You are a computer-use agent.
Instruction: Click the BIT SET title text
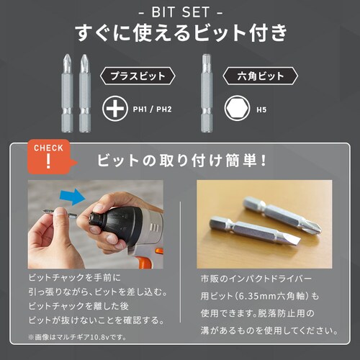pyautogui.click(x=181, y=12)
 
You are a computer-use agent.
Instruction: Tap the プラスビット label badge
pyautogui.click(x=138, y=76)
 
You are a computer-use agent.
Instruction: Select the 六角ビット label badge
pyautogui.click(x=261, y=76)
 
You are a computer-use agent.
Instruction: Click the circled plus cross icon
pyautogui.click(x=115, y=109)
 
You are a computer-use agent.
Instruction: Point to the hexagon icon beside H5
pyautogui.click(x=237, y=109)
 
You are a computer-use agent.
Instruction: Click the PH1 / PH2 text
pyautogui.click(x=152, y=109)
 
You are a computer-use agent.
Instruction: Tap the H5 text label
pyautogui.click(x=261, y=109)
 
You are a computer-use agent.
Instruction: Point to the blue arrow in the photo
pyautogui.click(x=73, y=197)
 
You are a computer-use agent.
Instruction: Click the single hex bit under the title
pyautogui.click(x=207, y=93)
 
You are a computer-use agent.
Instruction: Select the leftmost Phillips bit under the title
pyautogui.click(x=67, y=93)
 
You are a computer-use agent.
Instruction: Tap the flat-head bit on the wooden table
pyautogui.click(x=255, y=230)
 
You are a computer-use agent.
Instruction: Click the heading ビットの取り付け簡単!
pyautogui.click(x=181, y=161)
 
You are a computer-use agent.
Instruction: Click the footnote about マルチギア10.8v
pyautogui.click(x=77, y=337)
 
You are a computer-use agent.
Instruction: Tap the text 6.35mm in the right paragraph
pyautogui.click(x=256, y=296)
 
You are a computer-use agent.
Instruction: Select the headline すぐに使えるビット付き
pyautogui.click(x=181, y=32)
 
